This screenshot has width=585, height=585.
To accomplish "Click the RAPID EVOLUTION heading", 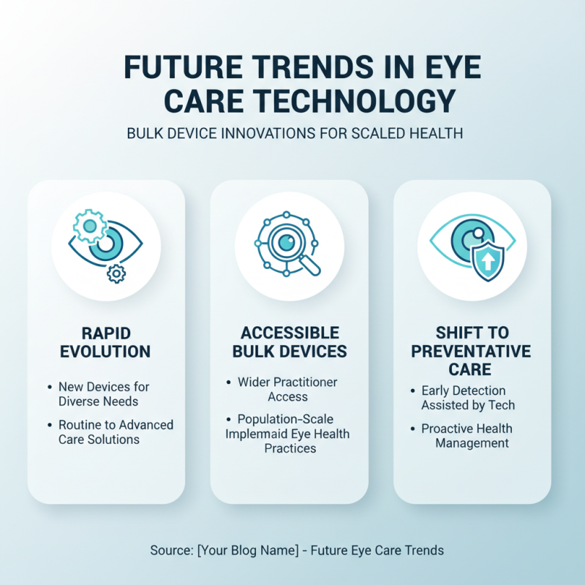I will [106, 341].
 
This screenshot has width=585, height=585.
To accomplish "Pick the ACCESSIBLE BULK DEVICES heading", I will [290, 341].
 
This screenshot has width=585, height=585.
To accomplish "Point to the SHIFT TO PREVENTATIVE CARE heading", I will [472, 350].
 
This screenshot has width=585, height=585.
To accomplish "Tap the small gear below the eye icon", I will [116, 273].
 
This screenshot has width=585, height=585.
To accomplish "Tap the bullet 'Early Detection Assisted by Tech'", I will [468, 398].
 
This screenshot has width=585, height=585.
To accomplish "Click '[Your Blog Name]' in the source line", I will [249, 551].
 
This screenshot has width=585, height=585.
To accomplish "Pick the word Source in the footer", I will [170, 551].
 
